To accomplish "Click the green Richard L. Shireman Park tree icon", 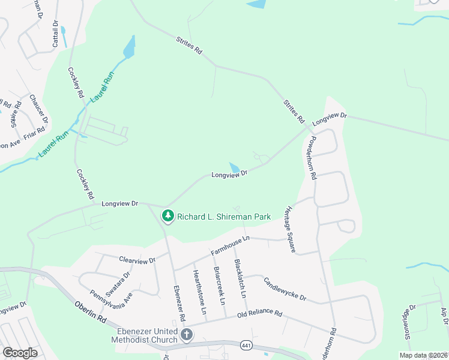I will coord(168,216).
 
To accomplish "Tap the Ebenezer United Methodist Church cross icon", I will coord(186,334).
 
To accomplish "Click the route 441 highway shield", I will coord(246,345).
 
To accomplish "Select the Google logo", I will coord(20,352).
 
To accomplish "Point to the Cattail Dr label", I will coord(55,34).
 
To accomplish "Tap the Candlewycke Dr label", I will coord(285,289).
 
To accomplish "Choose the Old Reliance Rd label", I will coord(259,313).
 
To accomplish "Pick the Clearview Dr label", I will coord(137,260).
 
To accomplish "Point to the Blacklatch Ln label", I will coord(241,279).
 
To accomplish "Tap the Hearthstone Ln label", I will coord(199,292).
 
